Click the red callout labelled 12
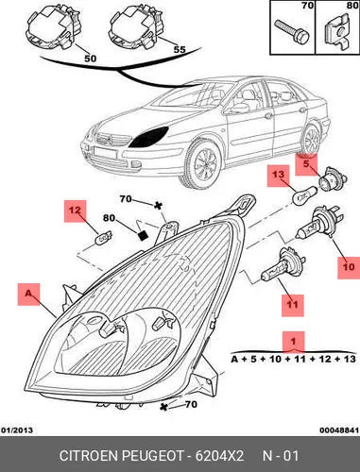[75, 211]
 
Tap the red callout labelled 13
[278, 176]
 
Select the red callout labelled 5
[306, 164]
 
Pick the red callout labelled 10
[349, 267]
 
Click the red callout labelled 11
[293, 305]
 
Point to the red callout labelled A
[28, 295]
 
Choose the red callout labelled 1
[294, 342]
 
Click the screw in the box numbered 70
[292, 32]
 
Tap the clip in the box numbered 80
[336, 33]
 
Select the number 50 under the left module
[90, 59]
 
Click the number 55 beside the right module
[180, 49]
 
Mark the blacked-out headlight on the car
[148, 138]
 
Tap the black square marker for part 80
[143, 236]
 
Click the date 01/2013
[17, 430]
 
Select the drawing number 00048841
[339, 430]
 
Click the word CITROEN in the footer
[89, 456]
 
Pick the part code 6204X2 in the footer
[219, 456]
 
